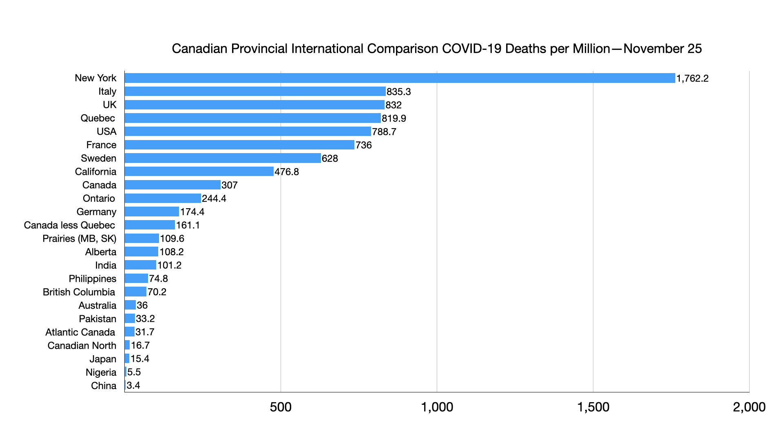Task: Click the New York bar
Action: tap(400, 78)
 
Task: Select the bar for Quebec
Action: tap(252, 118)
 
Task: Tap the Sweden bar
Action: tap(223, 158)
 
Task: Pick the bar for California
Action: tap(199, 171)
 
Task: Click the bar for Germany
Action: tap(152, 212)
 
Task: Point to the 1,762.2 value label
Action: tap(692, 78)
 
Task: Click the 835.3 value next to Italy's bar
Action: tap(398, 92)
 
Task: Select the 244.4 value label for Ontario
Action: tap(214, 198)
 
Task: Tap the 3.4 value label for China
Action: tap(133, 385)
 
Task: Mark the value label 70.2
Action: tap(157, 292)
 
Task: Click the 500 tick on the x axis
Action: tap(281, 407)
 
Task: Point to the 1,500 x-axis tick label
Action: tap(593, 407)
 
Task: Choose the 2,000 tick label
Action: tap(749, 407)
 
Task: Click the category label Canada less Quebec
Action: tap(69, 225)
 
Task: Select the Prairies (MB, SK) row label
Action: tap(79, 238)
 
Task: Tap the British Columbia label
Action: tap(79, 292)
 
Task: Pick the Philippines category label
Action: tap(92, 278)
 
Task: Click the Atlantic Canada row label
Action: tap(80, 332)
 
